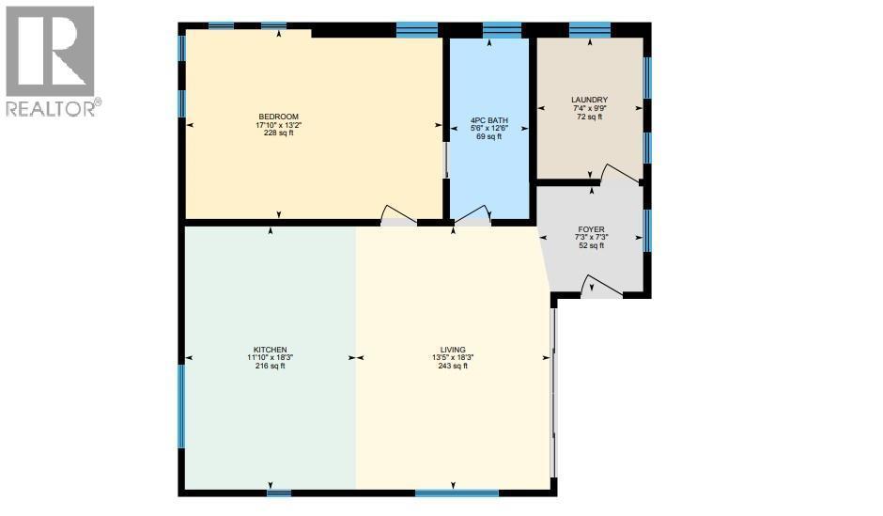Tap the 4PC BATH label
pyautogui.click(x=488, y=120)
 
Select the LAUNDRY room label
pyautogui.click(x=589, y=100)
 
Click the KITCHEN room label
pyautogui.click(x=270, y=350)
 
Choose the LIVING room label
pyautogui.click(x=452, y=350)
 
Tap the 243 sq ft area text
pyautogui.click(x=452, y=366)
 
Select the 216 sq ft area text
pyautogui.click(x=270, y=366)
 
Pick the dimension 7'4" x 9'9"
pyautogui.click(x=589, y=108)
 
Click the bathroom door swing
pyautogui.click(x=473, y=214)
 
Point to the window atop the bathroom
pyautogui.click(x=502, y=29)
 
